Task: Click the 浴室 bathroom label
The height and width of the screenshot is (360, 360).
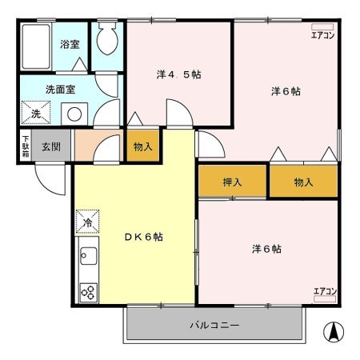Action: pyautogui.click(x=70, y=44)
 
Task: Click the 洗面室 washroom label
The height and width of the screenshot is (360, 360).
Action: pyautogui.click(x=59, y=90)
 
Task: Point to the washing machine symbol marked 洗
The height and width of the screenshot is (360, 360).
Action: pyautogui.click(x=35, y=113)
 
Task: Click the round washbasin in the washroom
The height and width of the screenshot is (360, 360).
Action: pyautogui.click(x=74, y=114)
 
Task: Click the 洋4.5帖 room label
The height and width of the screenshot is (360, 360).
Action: pyautogui.click(x=178, y=74)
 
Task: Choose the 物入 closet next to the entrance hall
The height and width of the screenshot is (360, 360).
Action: pyautogui.click(x=142, y=147)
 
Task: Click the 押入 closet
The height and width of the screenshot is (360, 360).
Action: pyautogui.click(x=232, y=182)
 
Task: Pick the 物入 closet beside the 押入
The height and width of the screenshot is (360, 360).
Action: pyautogui.click(x=303, y=182)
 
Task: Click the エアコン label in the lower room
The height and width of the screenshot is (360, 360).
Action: pyautogui.click(x=324, y=290)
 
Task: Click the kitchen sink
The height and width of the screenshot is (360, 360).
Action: pyautogui.click(x=87, y=258)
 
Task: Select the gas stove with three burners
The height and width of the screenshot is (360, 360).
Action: pyautogui.click(x=87, y=291)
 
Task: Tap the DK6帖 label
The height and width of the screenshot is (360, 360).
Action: pyautogui.click(x=143, y=238)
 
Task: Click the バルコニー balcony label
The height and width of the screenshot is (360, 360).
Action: pyautogui.click(x=214, y=325)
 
